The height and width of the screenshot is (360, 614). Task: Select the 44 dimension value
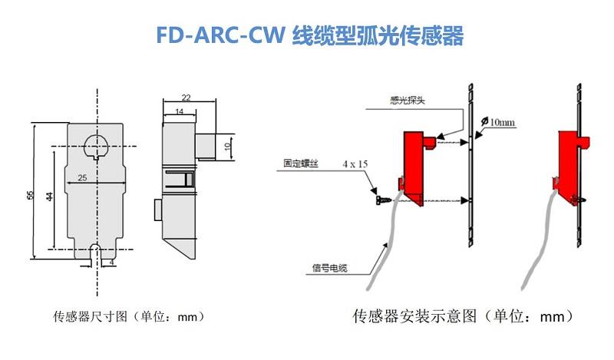[x=49, y=197]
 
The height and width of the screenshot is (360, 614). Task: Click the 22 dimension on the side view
[x=186, y=97]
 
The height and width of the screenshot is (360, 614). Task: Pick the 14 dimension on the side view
[x=178, y=112]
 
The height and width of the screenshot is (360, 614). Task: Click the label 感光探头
[x=407, y=100]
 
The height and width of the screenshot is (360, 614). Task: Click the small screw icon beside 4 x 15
[x=381, y=199]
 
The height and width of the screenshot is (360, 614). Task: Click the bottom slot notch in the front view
[x=97, y=251]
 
